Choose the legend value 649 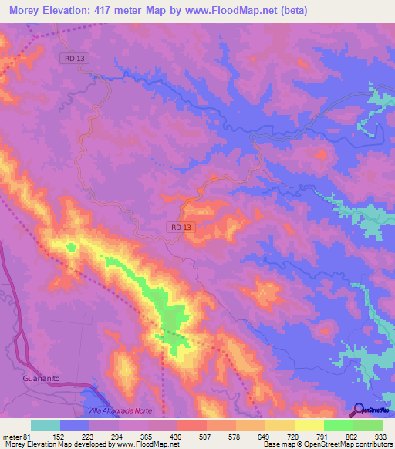(x=265, y=436)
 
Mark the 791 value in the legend (x=323, y=436)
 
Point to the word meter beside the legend (x=9, y=436)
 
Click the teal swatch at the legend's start (x=46, y=425)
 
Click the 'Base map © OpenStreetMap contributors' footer (x=326, y=445)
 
